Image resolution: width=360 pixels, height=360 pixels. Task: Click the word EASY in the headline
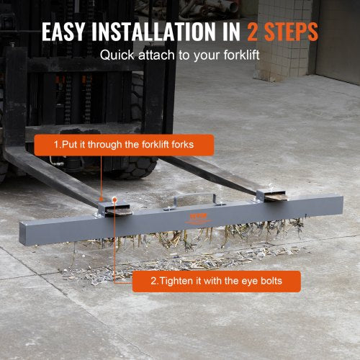(63, 32)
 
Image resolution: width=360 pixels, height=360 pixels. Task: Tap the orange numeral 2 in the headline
(253, 32)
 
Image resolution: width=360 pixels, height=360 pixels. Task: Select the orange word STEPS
(292, 32)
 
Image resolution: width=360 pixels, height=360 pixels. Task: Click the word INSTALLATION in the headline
(154, 32)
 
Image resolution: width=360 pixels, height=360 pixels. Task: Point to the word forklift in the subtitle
(241, 55)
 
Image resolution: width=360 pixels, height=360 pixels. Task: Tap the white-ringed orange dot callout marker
(114, 199)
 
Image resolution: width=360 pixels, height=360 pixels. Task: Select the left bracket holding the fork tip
(114, 210)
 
